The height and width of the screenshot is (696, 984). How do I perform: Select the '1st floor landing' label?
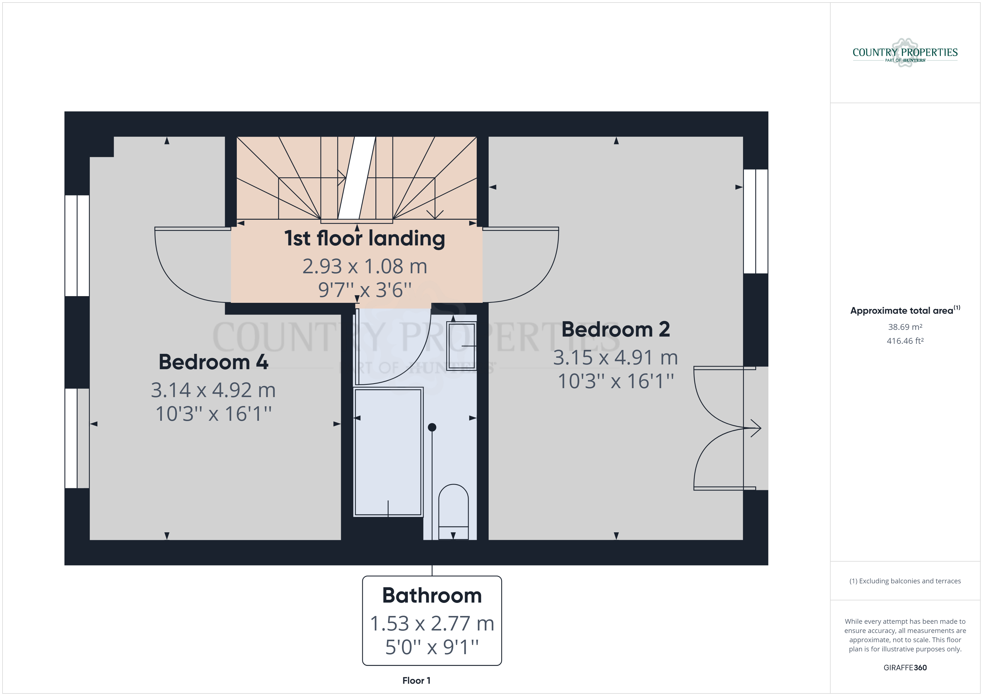pyautogui.click(x=365, y=238)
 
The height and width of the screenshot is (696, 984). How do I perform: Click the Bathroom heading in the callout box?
pyautogui.click(x=432, y=595)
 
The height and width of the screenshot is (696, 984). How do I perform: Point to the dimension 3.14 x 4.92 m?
pyautogui.click(x=213, y=390)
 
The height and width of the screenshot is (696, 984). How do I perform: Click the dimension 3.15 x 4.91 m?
pyautogui.click(x=616, y=357)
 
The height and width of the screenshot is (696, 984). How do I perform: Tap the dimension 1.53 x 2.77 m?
pyautogui.click(x=432, y=623)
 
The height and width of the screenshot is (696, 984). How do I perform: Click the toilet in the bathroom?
pyautogui.click(x=454, y=511)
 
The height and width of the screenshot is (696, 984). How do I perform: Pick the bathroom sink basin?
pyautogui.click(x=461, y=346)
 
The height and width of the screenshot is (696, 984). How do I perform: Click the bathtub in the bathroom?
pyautogui.click(x=388, y=452)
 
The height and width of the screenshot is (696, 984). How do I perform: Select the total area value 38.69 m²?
pyautogui.click(x=905, y=327)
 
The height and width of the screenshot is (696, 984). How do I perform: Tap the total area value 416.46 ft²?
pyautogui.click(x=905, y=341)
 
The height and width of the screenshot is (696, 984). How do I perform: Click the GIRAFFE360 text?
pyautogui.click(x=905, y=668)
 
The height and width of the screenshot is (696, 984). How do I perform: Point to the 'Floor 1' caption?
pyautogui.click(x=416, y=681)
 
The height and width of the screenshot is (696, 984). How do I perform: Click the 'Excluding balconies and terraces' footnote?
pyautogui.click(x=905, y=581)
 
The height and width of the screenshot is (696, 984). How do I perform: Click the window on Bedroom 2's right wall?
pyautogui.click(x=756, y=221)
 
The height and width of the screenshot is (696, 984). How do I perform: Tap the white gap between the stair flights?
pyautogui.click(x=356, y=178)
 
